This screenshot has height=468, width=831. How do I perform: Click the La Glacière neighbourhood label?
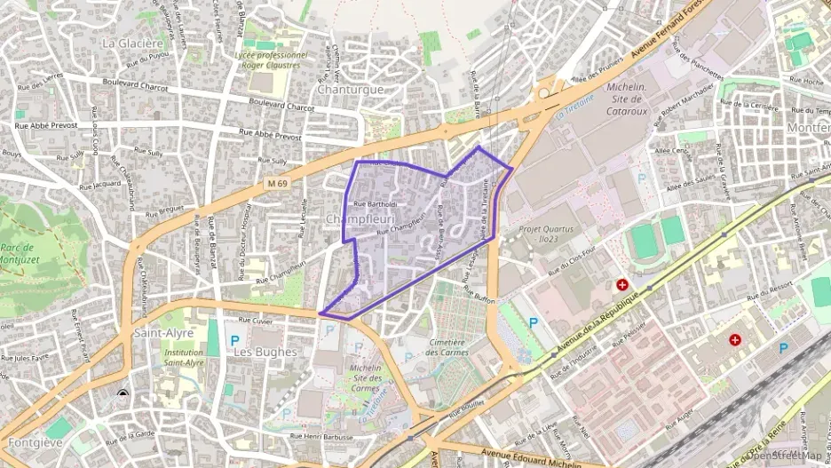pyautogui.click(x=132, y=42)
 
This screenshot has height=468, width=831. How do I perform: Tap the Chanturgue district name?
pyautogui.click(x=350, y=90)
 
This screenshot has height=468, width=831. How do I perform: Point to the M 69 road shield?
pyautogui.click(x=277, y=183)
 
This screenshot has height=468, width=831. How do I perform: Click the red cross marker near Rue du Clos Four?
pyautogui.click(x=623, y=285)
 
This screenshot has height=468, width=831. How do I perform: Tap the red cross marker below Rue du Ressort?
pyautogui.click(x=735, y=340)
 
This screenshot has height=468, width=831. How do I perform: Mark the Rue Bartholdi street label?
pyautogui.click(x=375, y=203)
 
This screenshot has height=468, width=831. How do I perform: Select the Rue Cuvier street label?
pyautogui.click(x=256, y=321)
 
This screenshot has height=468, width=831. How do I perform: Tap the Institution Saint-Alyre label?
pyautogui.click(x=184, y=357)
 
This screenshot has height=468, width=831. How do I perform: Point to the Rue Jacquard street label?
pyautogui.click(x=99, y=185)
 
